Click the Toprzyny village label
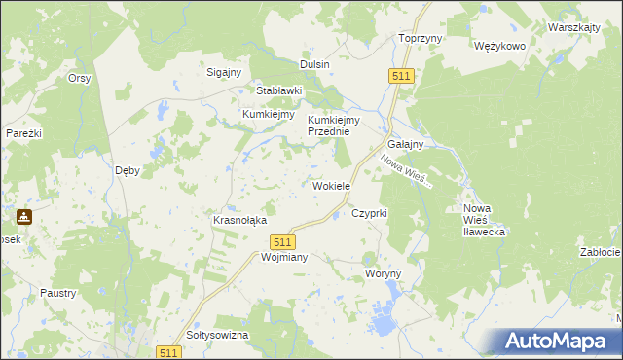tap(421, 38)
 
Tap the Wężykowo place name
tap(499, 46)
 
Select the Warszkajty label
tap(573, 27)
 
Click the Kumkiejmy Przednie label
tap(334, 126)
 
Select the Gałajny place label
tap(404, 144)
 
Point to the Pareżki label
tap(22, 132)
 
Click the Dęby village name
tap(128, 169)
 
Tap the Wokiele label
tap(330, 185)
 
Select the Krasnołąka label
tap(239, 220)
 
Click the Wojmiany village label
tap(257, 258)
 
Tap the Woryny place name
tap(383, 274)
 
